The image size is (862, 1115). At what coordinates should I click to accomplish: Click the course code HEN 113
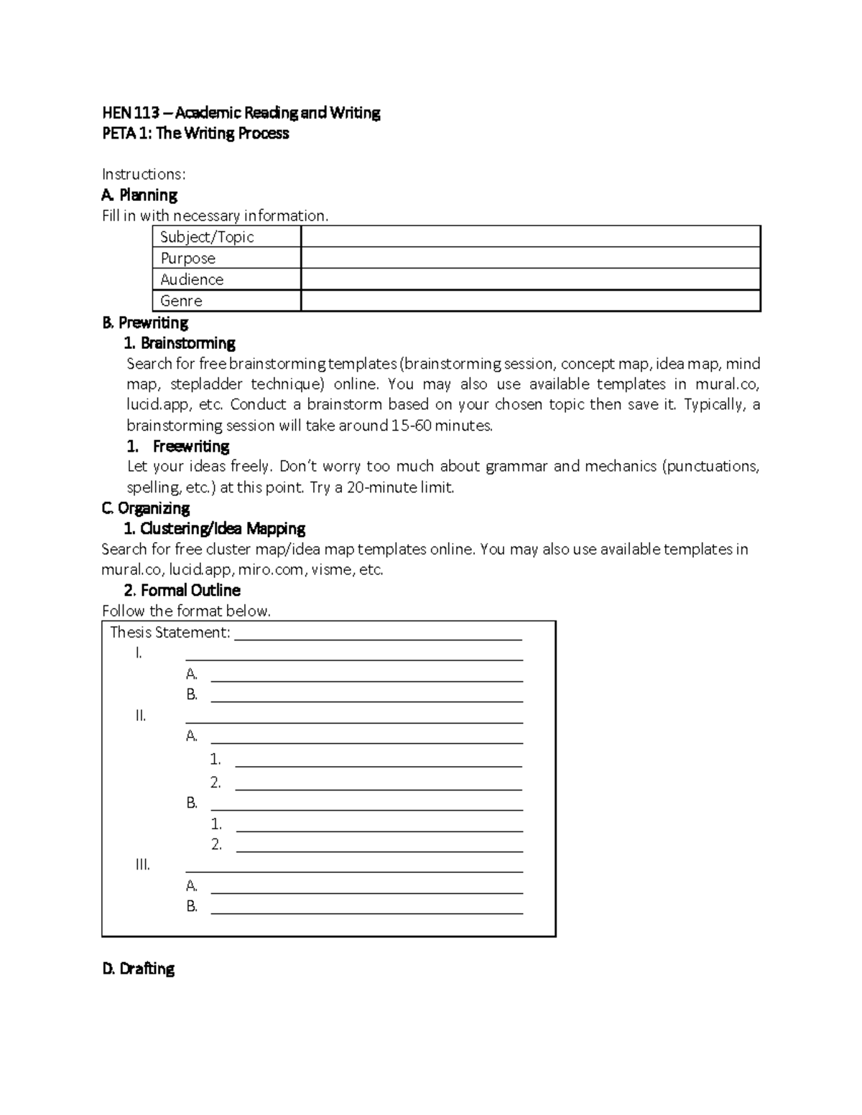point(127,113)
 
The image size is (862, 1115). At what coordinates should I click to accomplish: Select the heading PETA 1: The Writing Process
point(195,134)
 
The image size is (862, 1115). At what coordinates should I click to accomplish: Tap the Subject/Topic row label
point(207,237)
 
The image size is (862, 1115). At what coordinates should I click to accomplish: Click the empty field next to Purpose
point(530,258)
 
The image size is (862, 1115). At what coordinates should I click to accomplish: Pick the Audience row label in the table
point(192,279)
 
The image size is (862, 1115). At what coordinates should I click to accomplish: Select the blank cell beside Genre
point(530,301)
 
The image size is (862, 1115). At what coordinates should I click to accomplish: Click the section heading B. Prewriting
point(145,322)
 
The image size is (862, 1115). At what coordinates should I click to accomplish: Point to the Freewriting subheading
point(190,447)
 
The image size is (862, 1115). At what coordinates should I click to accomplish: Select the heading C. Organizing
point(146,508)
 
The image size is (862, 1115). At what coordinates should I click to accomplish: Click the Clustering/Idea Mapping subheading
point(215,529)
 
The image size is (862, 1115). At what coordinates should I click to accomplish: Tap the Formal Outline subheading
point(182,591)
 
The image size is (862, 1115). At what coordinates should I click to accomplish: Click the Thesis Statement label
point(170,633)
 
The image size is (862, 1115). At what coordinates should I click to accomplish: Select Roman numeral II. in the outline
point(141,716)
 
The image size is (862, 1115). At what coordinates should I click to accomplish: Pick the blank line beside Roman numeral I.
point(353,655)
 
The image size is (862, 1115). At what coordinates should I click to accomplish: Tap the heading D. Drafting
point(139,969)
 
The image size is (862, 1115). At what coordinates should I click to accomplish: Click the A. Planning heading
point(139,195)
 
